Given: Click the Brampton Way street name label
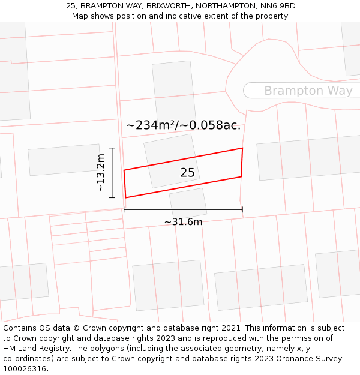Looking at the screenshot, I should tap(308, 91).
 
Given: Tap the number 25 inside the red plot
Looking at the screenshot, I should tap(187, 173).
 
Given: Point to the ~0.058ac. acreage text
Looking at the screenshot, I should tap(211, 125).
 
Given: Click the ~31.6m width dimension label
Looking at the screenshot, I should tap(183, 222).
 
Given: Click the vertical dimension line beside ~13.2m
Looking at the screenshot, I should tap(112, 172).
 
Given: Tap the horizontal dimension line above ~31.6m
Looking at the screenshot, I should tap(183, 209).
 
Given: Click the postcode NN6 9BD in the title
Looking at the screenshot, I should tap(278, 6).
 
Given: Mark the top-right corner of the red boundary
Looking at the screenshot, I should tap(242, 148).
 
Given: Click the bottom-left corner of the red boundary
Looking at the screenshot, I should tap(126, 197).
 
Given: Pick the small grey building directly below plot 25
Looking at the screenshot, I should tap(188, 202).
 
